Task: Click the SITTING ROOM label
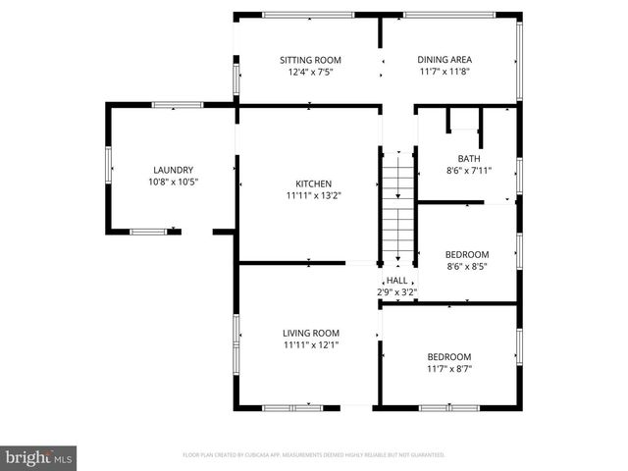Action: (309, 60)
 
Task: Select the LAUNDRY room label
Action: (173, 170)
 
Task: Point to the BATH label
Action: (469, 159)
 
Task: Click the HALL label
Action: (397, 281)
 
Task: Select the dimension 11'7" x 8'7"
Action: (448, 369)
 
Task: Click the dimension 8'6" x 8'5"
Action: (468, 266)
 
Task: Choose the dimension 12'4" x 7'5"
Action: (309, 72)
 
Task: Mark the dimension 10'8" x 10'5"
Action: (173, 182)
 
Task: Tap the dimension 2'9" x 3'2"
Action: (397, 292)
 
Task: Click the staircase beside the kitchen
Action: (397, 206)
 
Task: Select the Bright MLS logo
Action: (39, 456)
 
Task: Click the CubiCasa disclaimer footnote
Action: (314, 455)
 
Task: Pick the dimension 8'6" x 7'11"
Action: (469, 171)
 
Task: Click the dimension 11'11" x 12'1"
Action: (312, 345)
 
